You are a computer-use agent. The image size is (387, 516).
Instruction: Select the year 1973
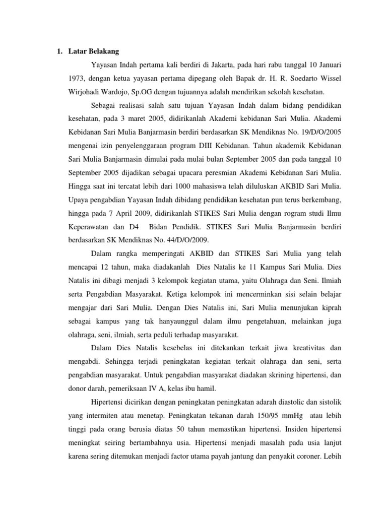76,79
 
